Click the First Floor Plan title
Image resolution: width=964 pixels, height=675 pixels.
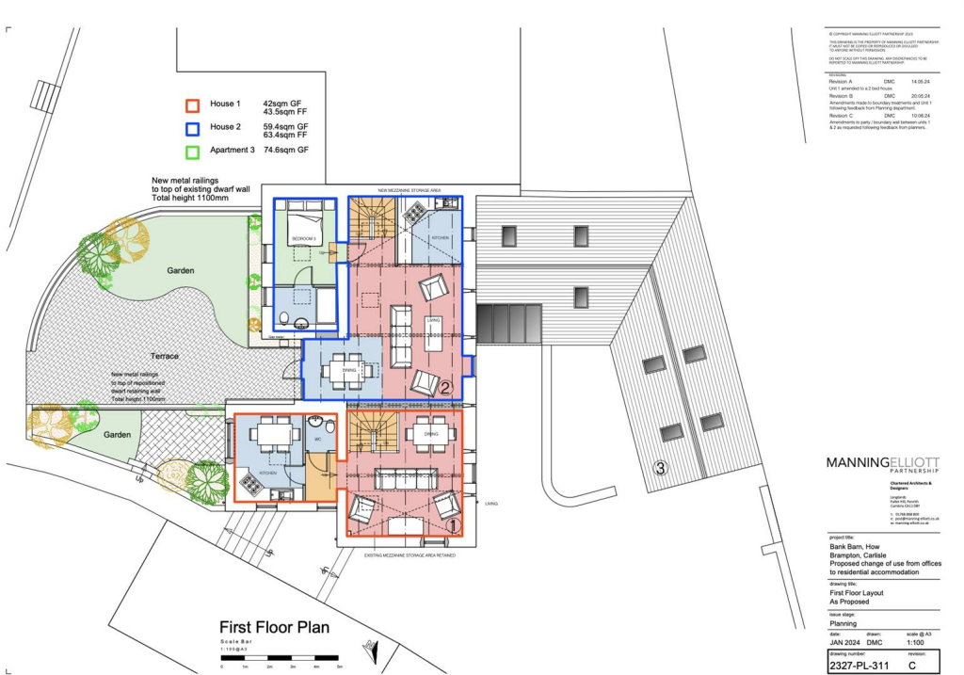pyautogui.click(x=274, y=627)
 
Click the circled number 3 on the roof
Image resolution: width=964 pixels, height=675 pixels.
pyautogui.click(x=661, y=468)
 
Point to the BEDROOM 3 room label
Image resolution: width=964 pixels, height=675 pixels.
pyautogui.click(x=304, y=240)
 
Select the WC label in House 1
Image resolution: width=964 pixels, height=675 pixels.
pyautogui.click(x=318, y=440)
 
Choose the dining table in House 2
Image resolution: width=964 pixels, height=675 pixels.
pyautogui.click(x=343, y=370)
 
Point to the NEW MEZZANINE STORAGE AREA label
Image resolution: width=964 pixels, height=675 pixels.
pyautogui.click(x=390, y=189)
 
